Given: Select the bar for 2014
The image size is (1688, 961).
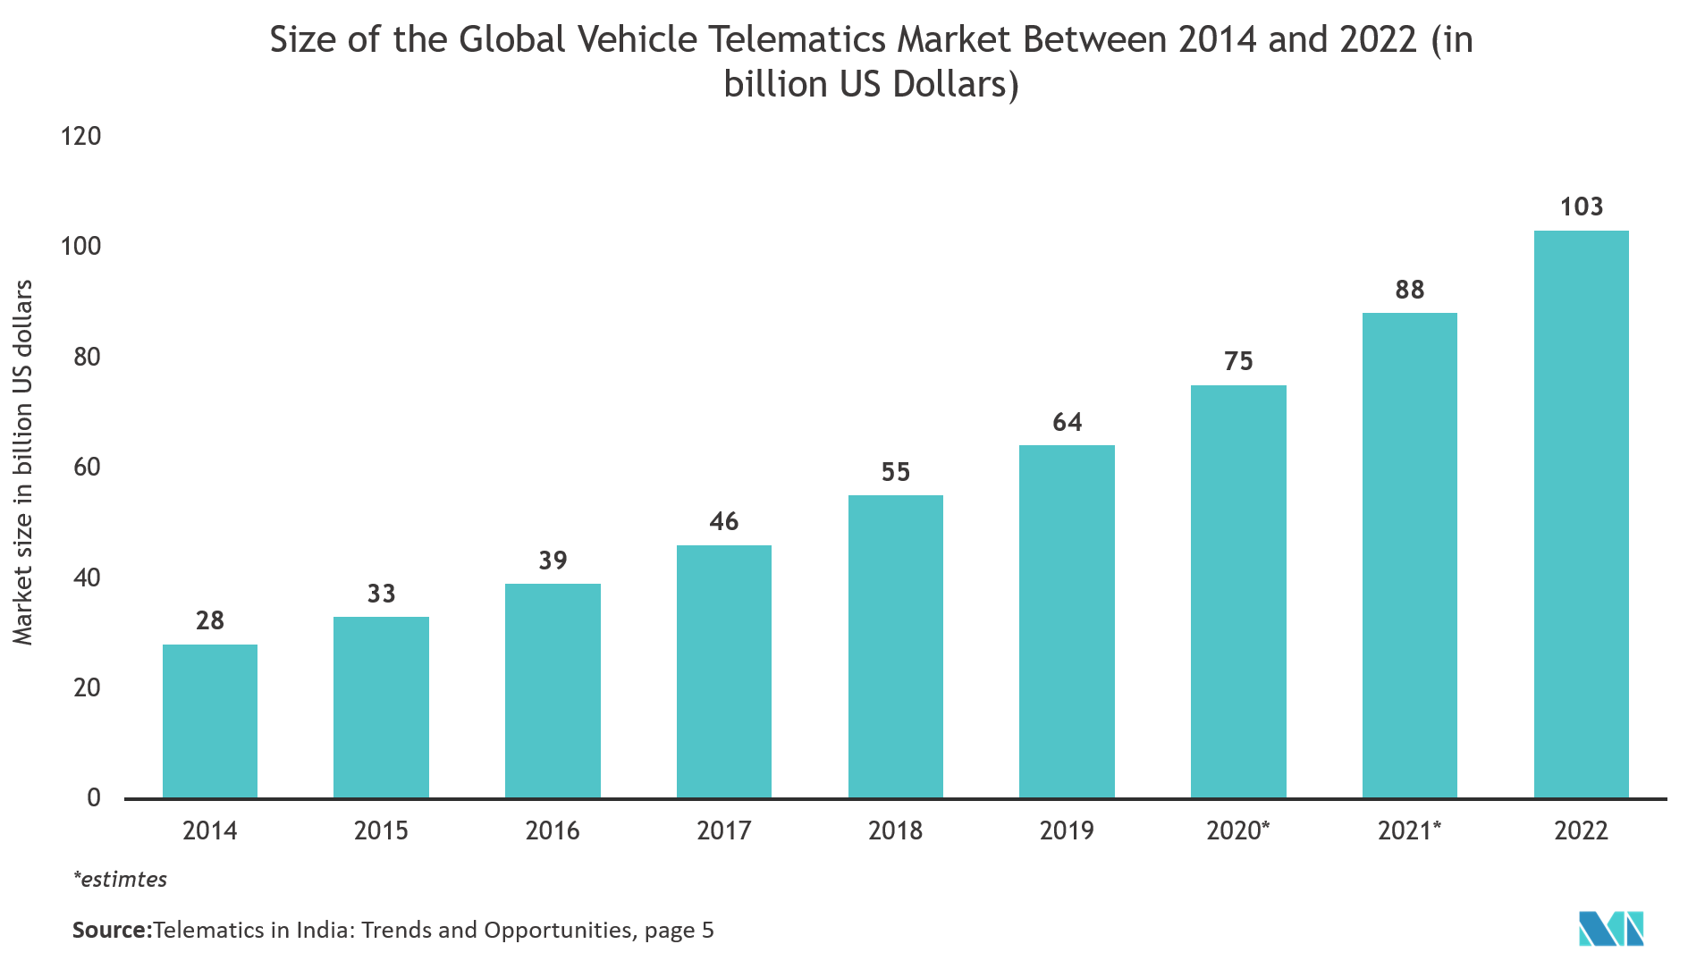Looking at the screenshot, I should (x=210, y=721).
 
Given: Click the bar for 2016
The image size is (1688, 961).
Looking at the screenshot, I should (x=553, y=690).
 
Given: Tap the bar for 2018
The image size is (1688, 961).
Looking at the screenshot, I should (x=895, y=646).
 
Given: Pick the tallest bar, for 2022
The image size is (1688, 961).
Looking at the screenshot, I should (x=1581, y=514).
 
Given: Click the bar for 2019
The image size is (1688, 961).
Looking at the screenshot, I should (x=1067, y=621).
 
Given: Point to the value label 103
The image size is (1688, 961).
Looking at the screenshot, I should (x=1581, y=207).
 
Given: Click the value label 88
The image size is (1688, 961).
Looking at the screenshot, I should (x=1409, y=290).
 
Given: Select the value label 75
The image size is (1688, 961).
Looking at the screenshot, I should (x=1238, y=361).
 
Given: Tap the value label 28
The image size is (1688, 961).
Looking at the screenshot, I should (x=210, y=620).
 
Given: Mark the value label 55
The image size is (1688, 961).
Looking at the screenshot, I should (x=895, y=472).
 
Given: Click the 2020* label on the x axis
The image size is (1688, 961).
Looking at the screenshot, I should (x=1237, y=830).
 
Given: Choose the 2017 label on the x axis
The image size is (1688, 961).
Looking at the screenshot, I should (x=723, y=830).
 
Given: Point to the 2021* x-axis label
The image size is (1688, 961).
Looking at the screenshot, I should (x=1409, y=830).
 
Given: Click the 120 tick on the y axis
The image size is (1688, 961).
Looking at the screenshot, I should (x=80, y=136).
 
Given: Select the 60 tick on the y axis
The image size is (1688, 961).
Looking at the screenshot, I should (x=87, y=467).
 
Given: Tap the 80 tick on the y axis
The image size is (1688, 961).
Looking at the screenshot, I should (x=87, y=357).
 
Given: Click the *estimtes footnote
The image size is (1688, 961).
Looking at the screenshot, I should (x=120, y=880).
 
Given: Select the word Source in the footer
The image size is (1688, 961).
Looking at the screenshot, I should (x=109, y=931).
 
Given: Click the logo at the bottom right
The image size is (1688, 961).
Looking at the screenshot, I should (x=1612, y=930).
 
